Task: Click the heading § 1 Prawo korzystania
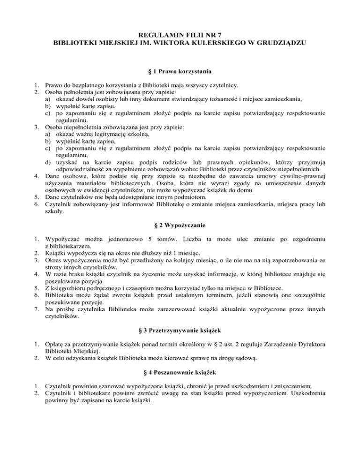tap(180, 72)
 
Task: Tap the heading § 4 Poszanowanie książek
tap(180, 375)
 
